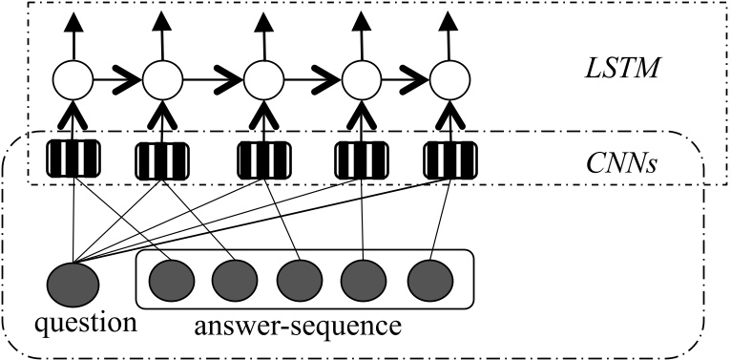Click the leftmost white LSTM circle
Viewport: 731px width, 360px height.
pyautogui.click(x=74, y=79)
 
